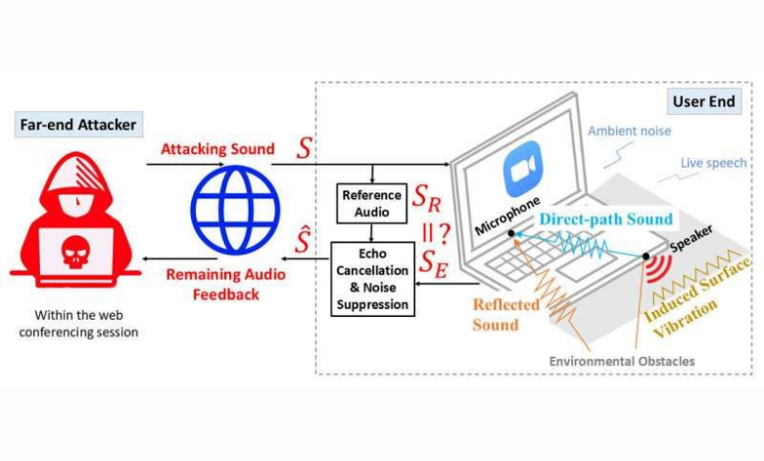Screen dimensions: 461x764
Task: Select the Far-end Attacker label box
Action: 78,125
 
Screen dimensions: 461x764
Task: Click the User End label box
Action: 703,101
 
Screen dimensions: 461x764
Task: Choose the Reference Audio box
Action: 371,203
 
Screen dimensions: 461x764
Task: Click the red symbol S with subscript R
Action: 426,200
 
